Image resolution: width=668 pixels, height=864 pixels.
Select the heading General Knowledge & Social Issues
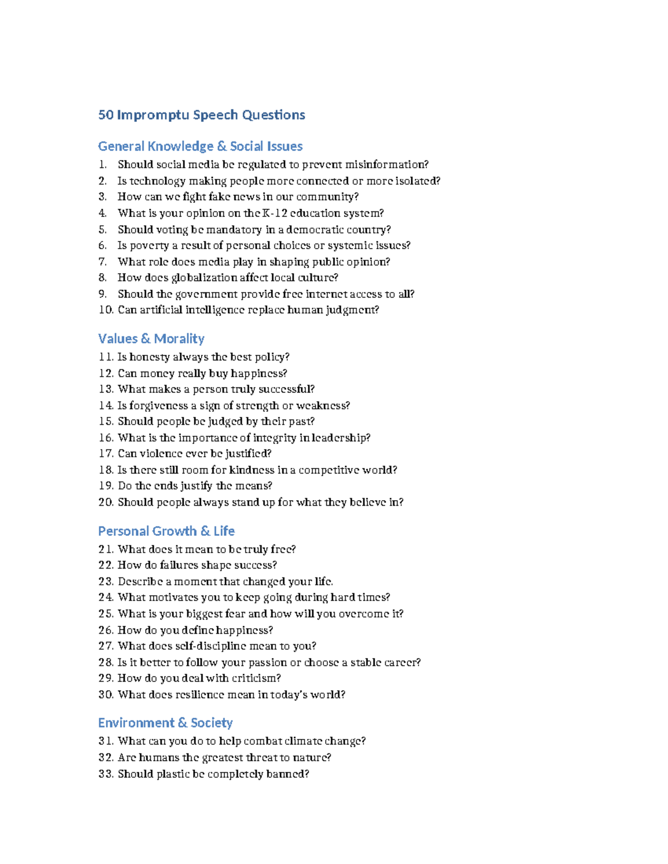coord(200,146)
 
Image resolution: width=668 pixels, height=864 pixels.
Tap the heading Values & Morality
coord(151,339)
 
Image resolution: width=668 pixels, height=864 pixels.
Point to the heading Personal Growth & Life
coord(166,531)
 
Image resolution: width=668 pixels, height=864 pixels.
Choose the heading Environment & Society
coord(165,723)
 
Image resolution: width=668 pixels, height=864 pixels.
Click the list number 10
coord(106,310)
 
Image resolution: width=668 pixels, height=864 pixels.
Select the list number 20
coord(106,502)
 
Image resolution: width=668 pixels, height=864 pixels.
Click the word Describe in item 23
coord(140,582)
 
